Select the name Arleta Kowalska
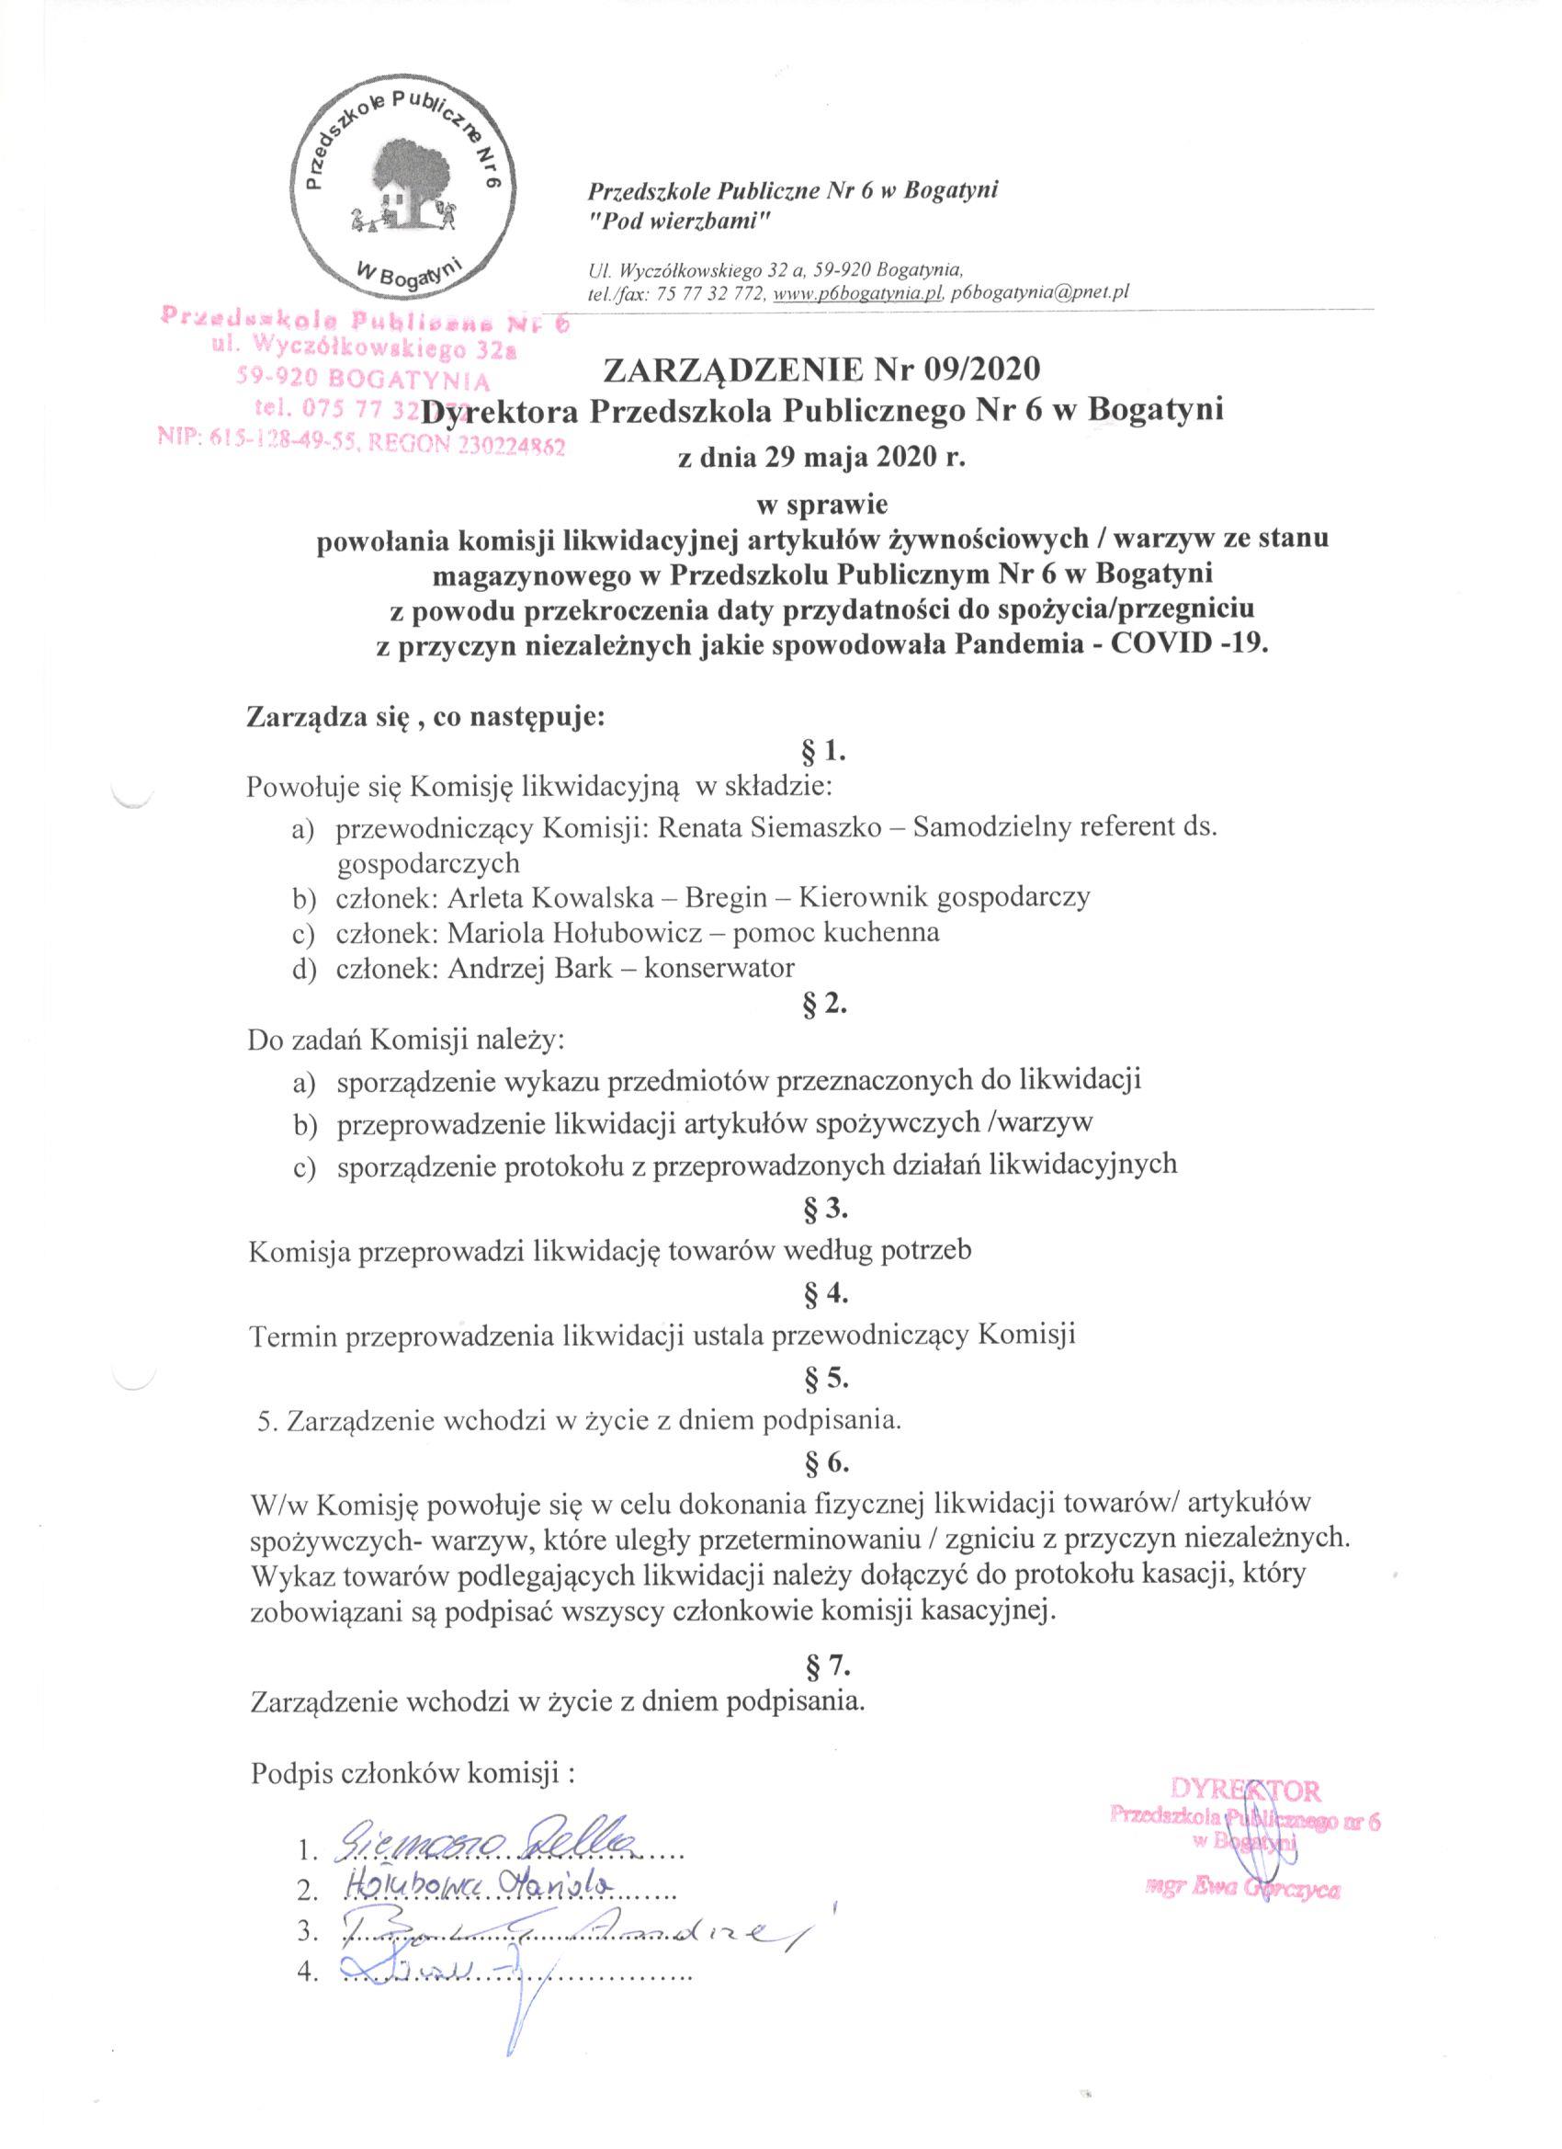[539, 896]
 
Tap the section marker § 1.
[822, 754]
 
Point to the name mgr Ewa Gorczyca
[1242, 1862]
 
